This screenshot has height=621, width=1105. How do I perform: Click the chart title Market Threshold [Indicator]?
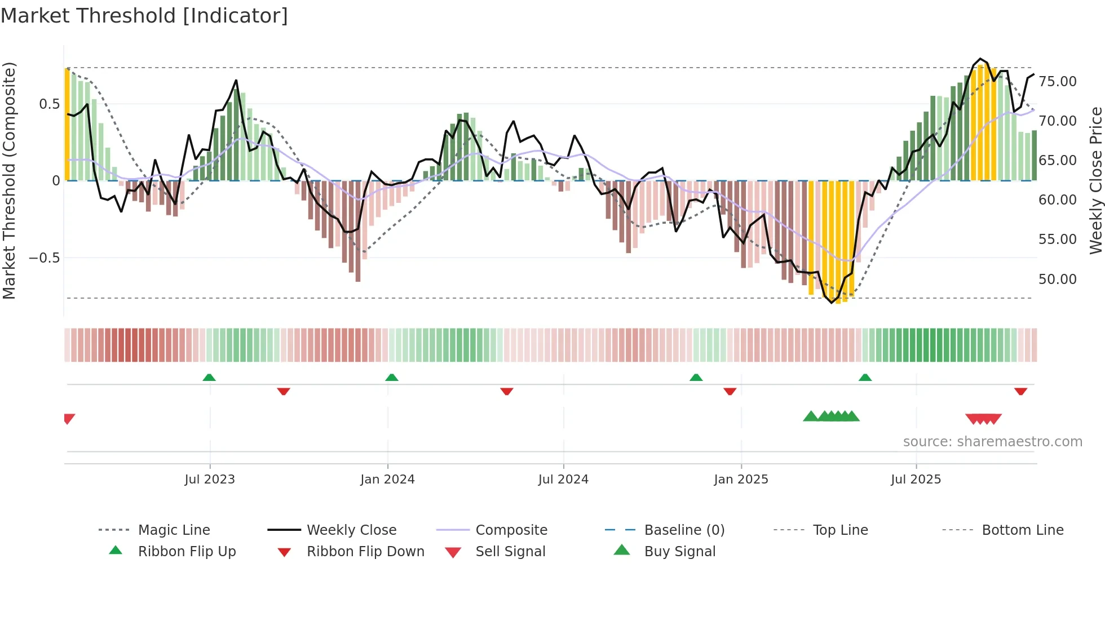click(144, 16)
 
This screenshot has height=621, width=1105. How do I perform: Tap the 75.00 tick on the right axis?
click(1057, 82)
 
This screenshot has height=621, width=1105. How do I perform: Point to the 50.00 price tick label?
click(1057, 280)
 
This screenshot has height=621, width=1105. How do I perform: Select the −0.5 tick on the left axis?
click(44, 258)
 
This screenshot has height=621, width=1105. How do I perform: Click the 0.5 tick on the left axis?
click(49, 104)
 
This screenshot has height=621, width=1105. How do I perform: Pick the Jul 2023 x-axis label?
click(210, 480)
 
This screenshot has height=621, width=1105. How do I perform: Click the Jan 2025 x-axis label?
click(741, 480)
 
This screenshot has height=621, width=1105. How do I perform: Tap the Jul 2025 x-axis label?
click(916, 480)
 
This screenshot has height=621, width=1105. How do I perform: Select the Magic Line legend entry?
click(174, 530)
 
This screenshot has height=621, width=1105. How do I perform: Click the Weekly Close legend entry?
click(351, 530)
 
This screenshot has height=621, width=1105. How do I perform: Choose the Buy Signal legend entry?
click(679, 552)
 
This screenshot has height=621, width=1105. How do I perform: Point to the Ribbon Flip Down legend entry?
click(365, 552)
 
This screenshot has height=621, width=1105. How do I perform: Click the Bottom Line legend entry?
click(1022, 530)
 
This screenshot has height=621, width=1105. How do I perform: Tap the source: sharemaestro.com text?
click(992, 442)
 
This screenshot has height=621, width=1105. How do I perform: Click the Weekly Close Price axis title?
click(1095, 180)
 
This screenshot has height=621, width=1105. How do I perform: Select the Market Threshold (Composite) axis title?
click(9, 180)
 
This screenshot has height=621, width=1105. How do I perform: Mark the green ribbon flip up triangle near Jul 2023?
click(209, 377)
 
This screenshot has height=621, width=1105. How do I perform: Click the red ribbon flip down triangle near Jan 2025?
click(730, 391)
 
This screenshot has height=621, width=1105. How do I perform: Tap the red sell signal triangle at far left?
click(69, 419)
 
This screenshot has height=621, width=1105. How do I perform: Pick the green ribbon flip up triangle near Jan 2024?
click(392, 377)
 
